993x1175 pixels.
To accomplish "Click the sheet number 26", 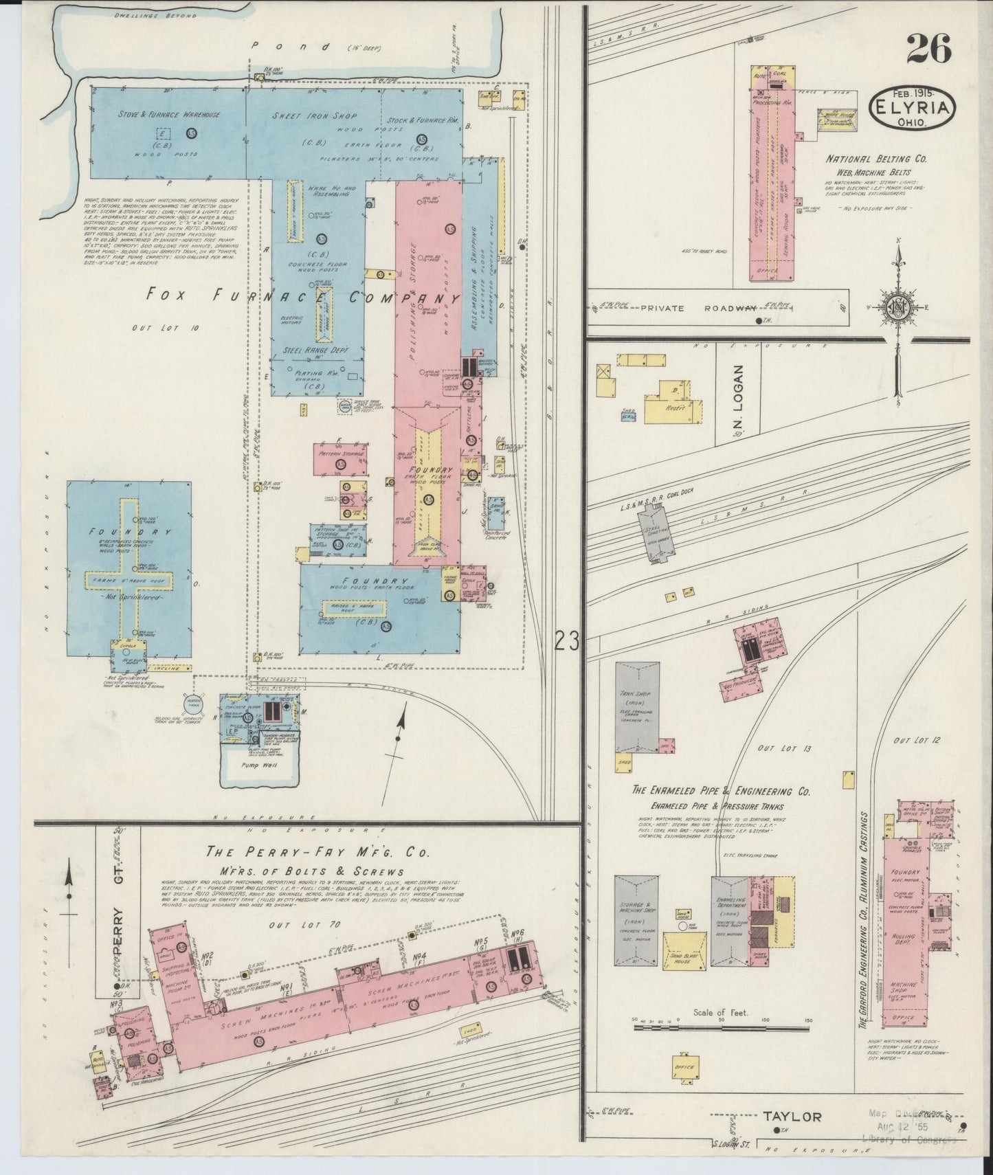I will [x=929, y=49].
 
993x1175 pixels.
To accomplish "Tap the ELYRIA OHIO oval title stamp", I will [x=912, y=107].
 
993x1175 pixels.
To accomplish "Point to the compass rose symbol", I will [x=898, y=307].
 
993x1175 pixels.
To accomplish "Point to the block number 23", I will [x=567, y=641].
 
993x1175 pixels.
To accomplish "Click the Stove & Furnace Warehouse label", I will [x=169, y=115].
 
